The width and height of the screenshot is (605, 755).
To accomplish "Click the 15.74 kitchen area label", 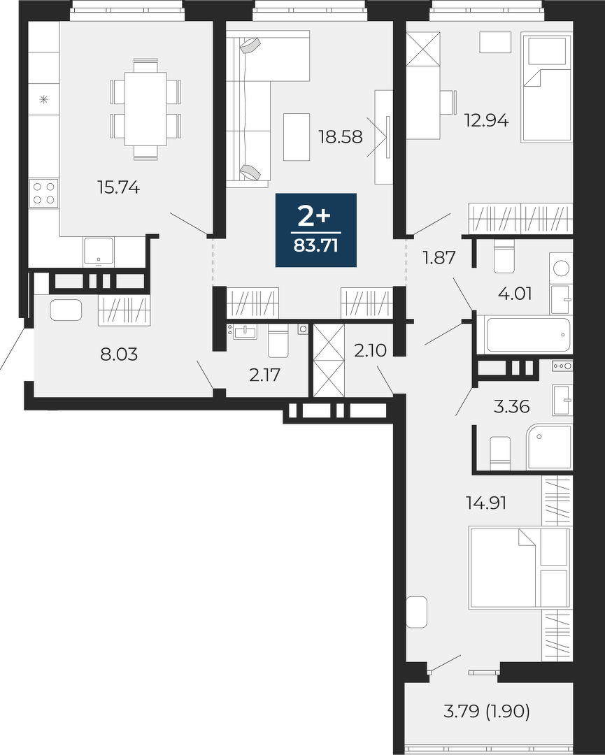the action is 118,187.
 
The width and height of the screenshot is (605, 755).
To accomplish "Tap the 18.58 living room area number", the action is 341,137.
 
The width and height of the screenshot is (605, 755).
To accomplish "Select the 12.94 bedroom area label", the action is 486,120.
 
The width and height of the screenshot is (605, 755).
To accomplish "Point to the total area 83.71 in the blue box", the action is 316,246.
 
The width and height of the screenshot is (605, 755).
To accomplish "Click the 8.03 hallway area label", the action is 119,354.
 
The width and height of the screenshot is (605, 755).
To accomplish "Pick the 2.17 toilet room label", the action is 265,375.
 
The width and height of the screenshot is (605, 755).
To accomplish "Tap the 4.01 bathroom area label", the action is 515,293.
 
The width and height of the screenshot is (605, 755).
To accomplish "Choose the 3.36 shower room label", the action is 511,407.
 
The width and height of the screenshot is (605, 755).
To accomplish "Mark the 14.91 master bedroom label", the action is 487,503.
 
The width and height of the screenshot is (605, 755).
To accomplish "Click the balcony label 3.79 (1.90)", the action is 487,711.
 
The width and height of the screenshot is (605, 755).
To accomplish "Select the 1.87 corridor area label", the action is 439,257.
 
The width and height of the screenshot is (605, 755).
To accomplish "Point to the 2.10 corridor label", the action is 371,350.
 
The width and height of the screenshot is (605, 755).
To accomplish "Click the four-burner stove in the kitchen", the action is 44,193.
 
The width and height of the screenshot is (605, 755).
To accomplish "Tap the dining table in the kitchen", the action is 145,109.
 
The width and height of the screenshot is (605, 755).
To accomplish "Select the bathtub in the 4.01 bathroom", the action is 528,335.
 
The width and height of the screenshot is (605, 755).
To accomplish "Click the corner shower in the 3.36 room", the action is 550,446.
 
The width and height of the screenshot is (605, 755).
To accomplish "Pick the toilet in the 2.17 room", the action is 278,340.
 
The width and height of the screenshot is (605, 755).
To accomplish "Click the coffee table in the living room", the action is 297,137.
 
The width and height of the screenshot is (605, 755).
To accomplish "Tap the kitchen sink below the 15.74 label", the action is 98,251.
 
